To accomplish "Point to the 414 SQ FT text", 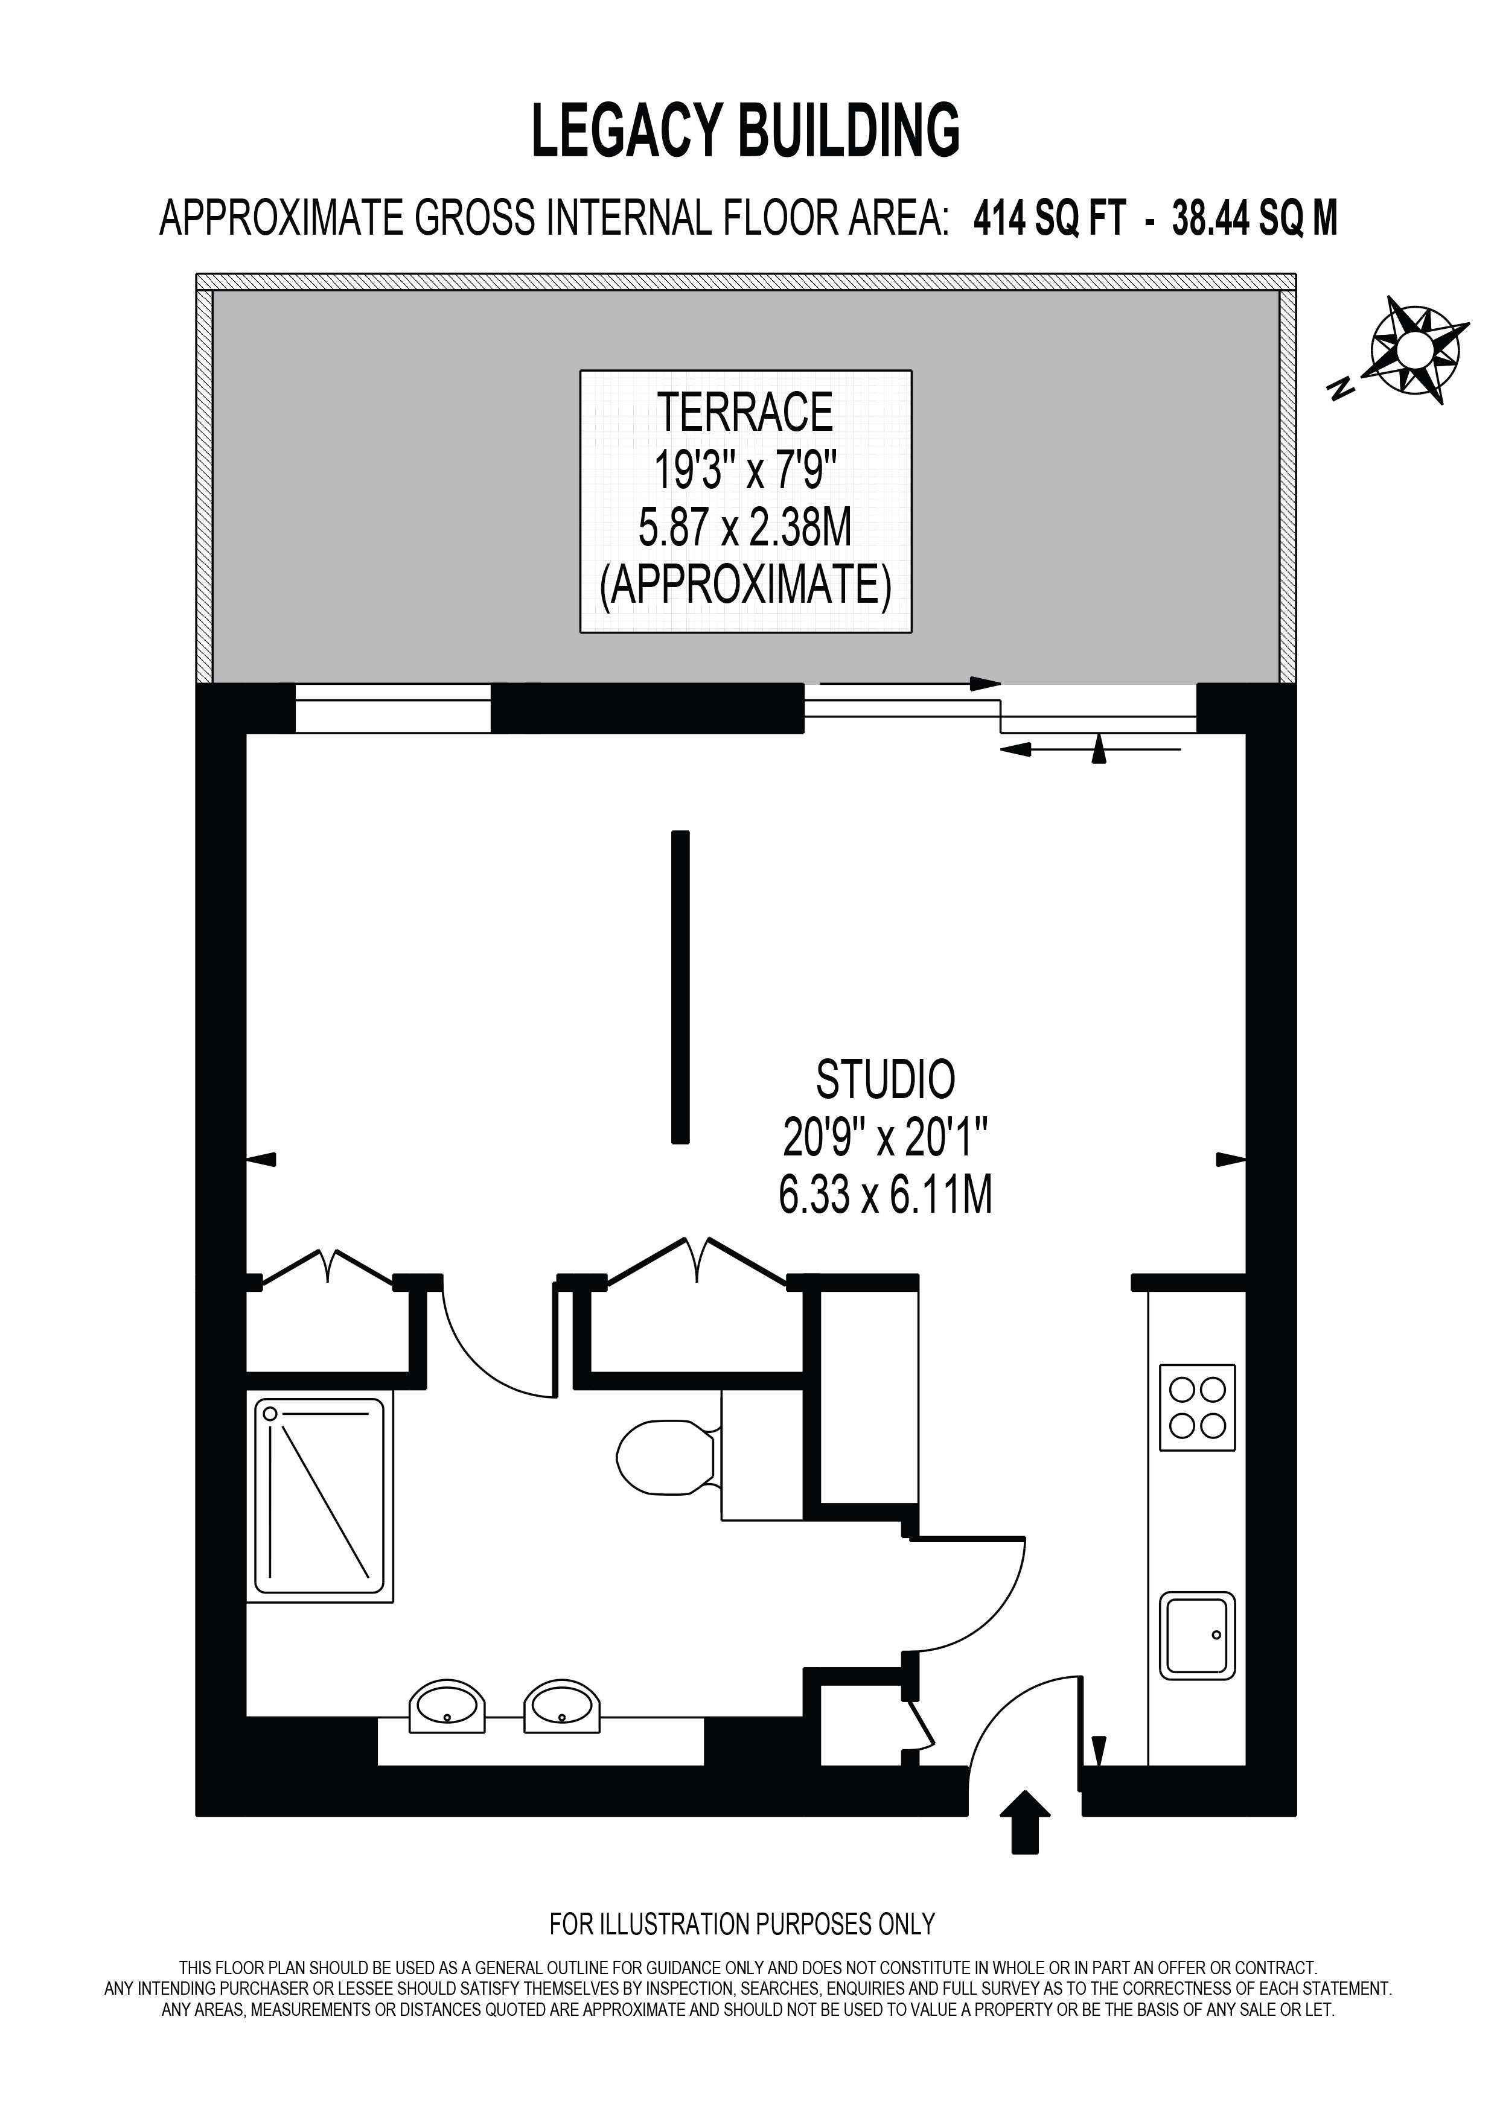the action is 1050,220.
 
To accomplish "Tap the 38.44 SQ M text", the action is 1254,220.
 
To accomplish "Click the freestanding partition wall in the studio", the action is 680,987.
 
